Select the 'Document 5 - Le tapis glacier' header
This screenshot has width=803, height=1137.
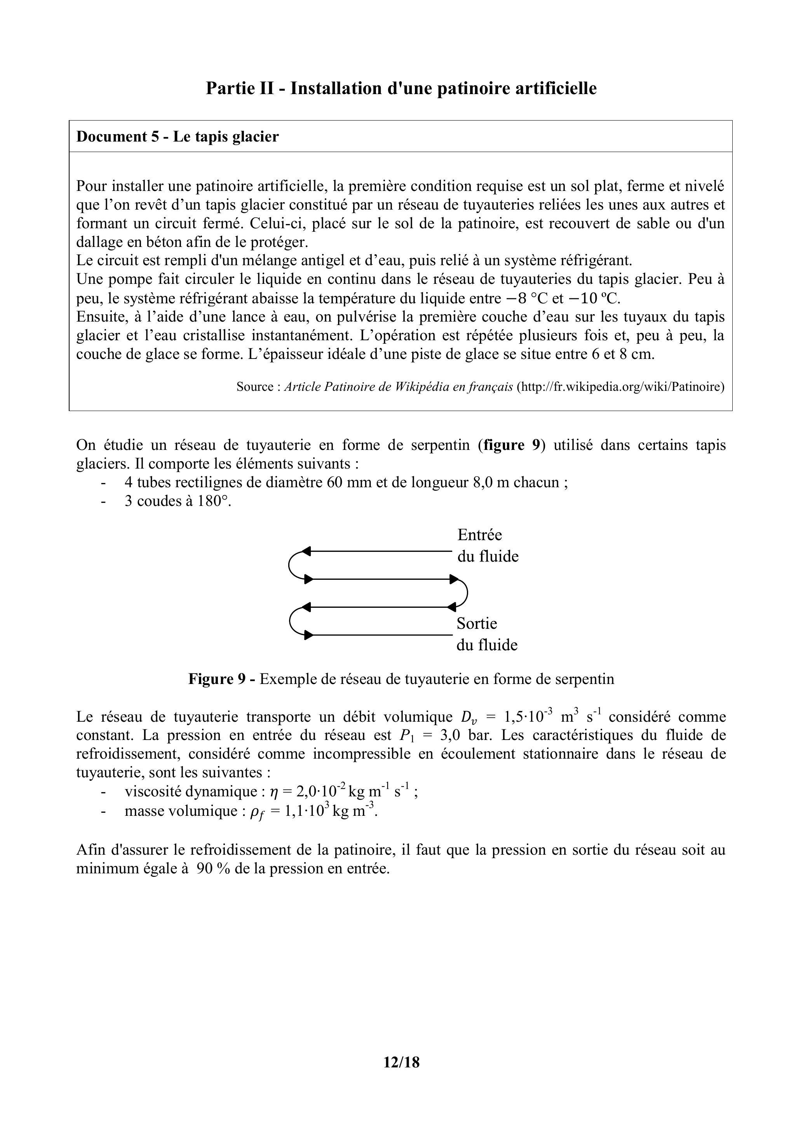(177, 136)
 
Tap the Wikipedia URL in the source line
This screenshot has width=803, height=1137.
(620, 387)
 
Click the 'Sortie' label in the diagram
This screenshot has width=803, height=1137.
(476, 623)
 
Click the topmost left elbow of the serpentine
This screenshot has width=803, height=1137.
(291, 565)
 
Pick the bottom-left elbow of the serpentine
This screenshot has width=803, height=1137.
(291, 621)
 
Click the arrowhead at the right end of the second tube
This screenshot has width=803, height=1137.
(454, 579)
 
